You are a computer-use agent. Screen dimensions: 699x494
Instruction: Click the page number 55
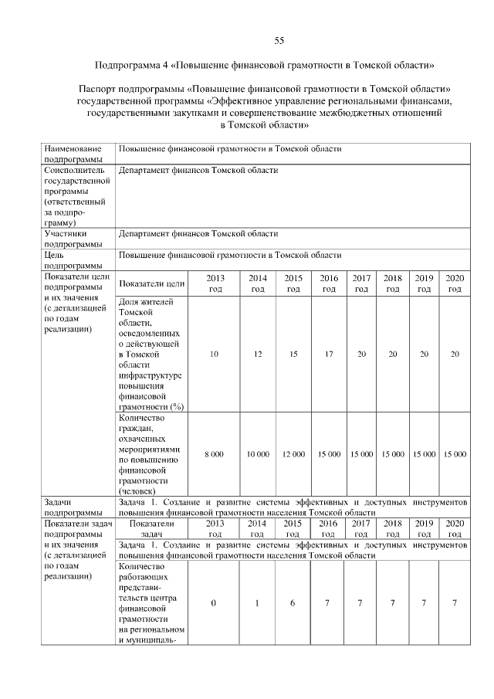coord(280,41)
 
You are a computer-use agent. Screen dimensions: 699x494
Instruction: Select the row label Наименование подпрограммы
coord(73,153)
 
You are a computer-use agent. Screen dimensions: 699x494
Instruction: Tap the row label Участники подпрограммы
coord(73,237)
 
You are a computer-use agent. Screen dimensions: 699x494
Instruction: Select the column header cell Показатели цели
coord(153,283)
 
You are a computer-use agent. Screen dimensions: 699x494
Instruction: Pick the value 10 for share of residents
coord(214,354)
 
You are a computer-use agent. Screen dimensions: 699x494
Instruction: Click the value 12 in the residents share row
coord(257,354)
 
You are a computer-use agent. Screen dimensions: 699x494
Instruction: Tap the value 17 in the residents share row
coord(329,354)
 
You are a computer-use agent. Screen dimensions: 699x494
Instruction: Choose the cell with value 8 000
coord(214,455)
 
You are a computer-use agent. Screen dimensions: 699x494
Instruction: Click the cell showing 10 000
coord(257,455)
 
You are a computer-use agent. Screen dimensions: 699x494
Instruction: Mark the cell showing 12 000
coord(293,455)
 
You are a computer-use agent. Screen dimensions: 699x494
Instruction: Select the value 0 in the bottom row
coord(214,603)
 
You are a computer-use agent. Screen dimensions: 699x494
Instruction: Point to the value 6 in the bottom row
coord(293,603)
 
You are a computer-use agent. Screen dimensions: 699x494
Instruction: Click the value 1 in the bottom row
coord(257,603)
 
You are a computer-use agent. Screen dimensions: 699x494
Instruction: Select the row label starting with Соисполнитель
coord(73,196)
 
